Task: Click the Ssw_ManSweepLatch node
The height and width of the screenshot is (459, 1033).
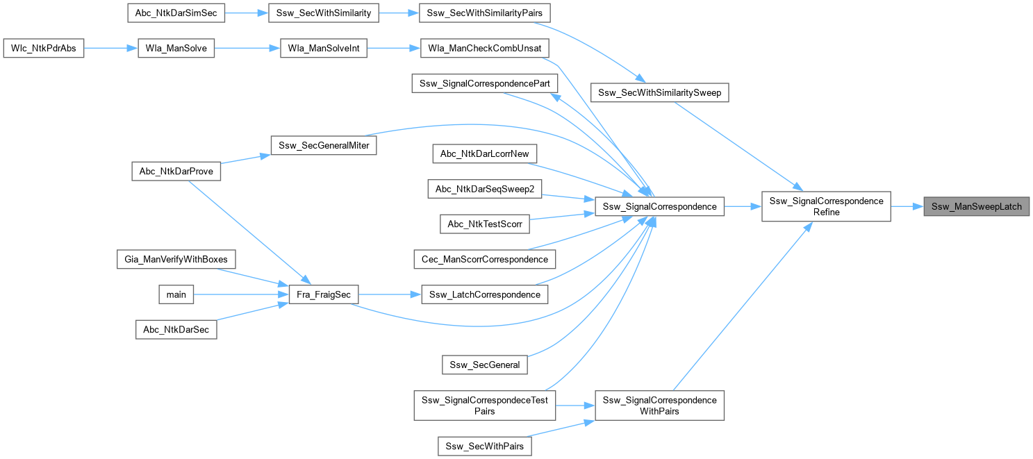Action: (x=976, y=206)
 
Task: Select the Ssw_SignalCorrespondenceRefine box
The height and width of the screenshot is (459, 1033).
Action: (x=826, y=206)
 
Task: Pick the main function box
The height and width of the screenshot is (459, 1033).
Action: (x=176, y=294)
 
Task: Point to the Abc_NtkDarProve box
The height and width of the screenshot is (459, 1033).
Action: (x=176, y=172)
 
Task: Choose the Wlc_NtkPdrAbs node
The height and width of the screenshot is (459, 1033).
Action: (x=44, y=49)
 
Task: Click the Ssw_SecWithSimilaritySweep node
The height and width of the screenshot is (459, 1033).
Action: (x=659, y=92)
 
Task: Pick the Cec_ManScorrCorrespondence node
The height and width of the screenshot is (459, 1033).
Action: (x=484, y=259)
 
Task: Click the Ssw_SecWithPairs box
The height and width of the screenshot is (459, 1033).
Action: (x=485, y=445)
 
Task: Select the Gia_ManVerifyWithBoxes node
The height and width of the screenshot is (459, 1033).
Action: (x=176, y=259)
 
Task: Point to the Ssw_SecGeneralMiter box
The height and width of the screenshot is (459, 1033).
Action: (x=323, y=145)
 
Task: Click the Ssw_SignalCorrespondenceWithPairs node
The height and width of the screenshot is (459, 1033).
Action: (x=659, y=406)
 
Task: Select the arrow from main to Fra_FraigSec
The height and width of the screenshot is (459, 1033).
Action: (x=235, y=294)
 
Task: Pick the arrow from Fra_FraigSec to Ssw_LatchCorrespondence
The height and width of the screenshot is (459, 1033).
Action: (x=390, y=294)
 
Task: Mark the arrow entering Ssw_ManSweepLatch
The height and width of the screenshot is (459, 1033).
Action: (x=907, y=206)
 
